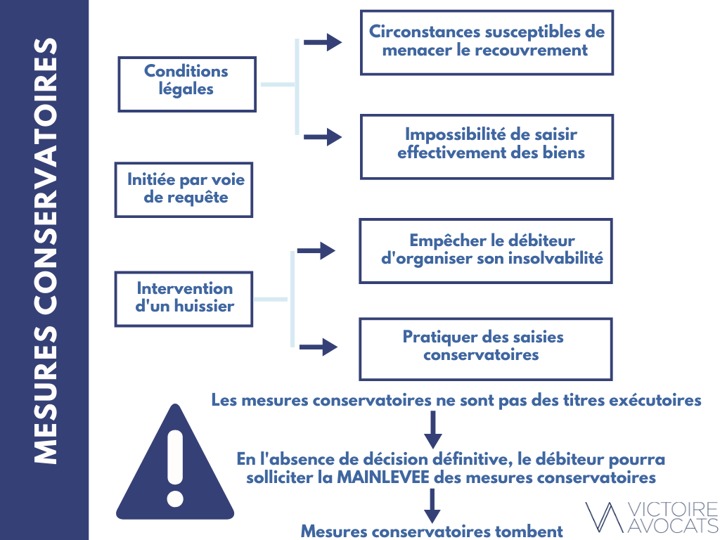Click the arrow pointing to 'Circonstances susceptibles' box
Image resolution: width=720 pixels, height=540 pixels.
tap(323, 42)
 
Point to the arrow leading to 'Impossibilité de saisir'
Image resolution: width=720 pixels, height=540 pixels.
tap(323, 136)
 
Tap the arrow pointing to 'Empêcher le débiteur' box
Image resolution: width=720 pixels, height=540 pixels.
tap(316, 251)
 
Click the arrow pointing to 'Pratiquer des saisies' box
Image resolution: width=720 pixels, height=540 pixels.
tap(319, 347)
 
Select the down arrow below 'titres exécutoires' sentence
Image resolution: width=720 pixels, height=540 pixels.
tap(432, 430)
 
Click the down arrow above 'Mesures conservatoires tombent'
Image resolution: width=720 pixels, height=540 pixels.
tap(432, 506)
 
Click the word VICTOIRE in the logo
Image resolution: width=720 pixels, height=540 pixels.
tap(673, 510)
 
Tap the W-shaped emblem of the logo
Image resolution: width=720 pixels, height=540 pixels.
tap(605, 517)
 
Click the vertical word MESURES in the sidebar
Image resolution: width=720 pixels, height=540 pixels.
tap(46, 395)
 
